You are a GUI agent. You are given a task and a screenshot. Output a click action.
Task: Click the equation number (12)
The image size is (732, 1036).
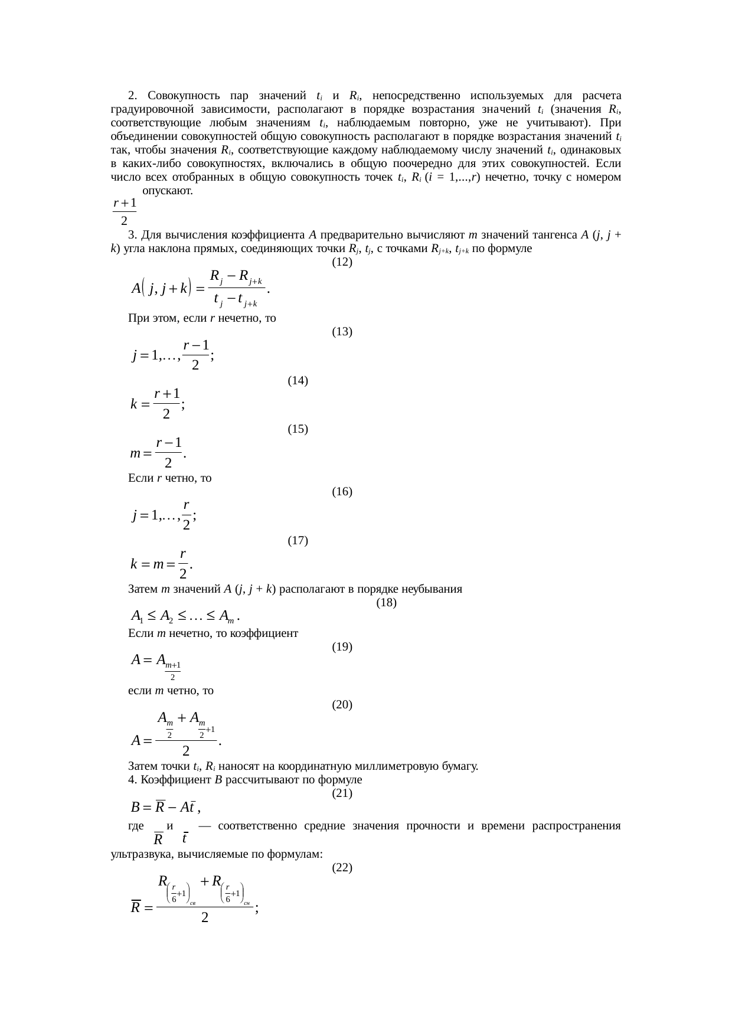coord(342,262)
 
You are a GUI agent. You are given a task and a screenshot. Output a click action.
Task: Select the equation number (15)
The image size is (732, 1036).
coord(298,429)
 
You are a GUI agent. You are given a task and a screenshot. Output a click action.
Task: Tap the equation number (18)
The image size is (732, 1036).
coord(386,603)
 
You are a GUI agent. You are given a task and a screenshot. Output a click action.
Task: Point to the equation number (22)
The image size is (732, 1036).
coord(342,867)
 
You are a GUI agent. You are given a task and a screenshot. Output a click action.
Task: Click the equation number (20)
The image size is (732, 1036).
coord(342,704)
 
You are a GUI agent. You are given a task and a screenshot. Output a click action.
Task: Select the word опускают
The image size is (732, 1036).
coord(167,191)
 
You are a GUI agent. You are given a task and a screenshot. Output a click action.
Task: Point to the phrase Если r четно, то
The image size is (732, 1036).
coord(169,478)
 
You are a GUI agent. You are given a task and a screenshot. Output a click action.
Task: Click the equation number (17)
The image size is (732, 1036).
coord(298,540)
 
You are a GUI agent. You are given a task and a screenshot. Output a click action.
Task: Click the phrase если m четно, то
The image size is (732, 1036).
coord(171,691)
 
